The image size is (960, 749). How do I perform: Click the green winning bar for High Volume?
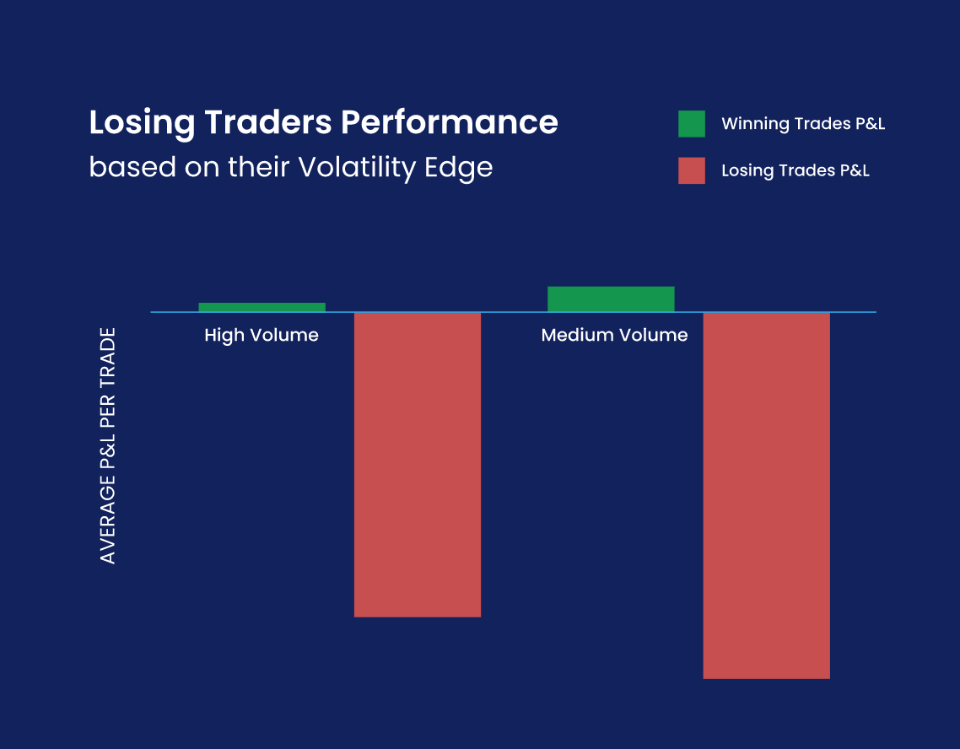point(262,307)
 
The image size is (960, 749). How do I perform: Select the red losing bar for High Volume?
point(417,464)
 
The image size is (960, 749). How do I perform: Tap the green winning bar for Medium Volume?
point(611,299)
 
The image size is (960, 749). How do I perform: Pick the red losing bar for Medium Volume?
point(766,495)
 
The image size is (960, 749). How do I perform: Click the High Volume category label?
point(262,335)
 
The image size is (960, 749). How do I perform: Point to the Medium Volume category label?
point(614,335)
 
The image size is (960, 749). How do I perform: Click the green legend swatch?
point(691,124)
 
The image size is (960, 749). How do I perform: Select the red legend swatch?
point(691,170)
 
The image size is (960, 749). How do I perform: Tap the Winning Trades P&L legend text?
point(802,124)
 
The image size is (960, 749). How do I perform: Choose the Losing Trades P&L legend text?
point(795,170)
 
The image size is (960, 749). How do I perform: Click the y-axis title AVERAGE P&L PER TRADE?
point(108,446)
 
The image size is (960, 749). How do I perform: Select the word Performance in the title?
point(449,122)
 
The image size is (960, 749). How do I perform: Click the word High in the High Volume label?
point(224,336)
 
